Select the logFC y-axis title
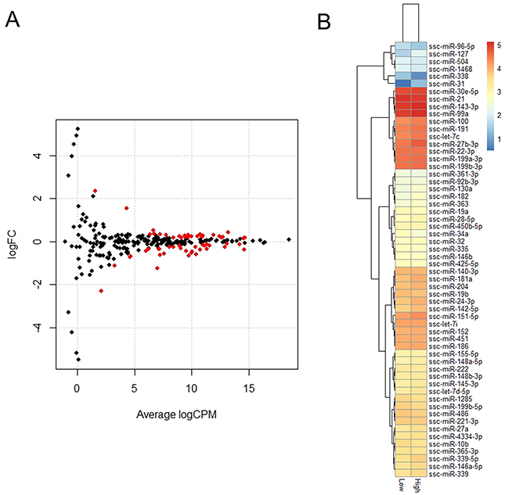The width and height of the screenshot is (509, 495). coord(12,242)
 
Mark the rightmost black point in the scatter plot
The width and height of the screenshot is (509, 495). coord(288,239)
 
